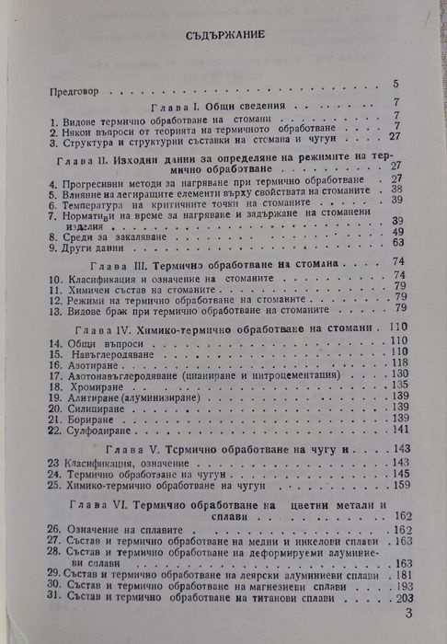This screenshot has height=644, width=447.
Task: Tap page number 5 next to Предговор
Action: (x=395, y=84)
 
